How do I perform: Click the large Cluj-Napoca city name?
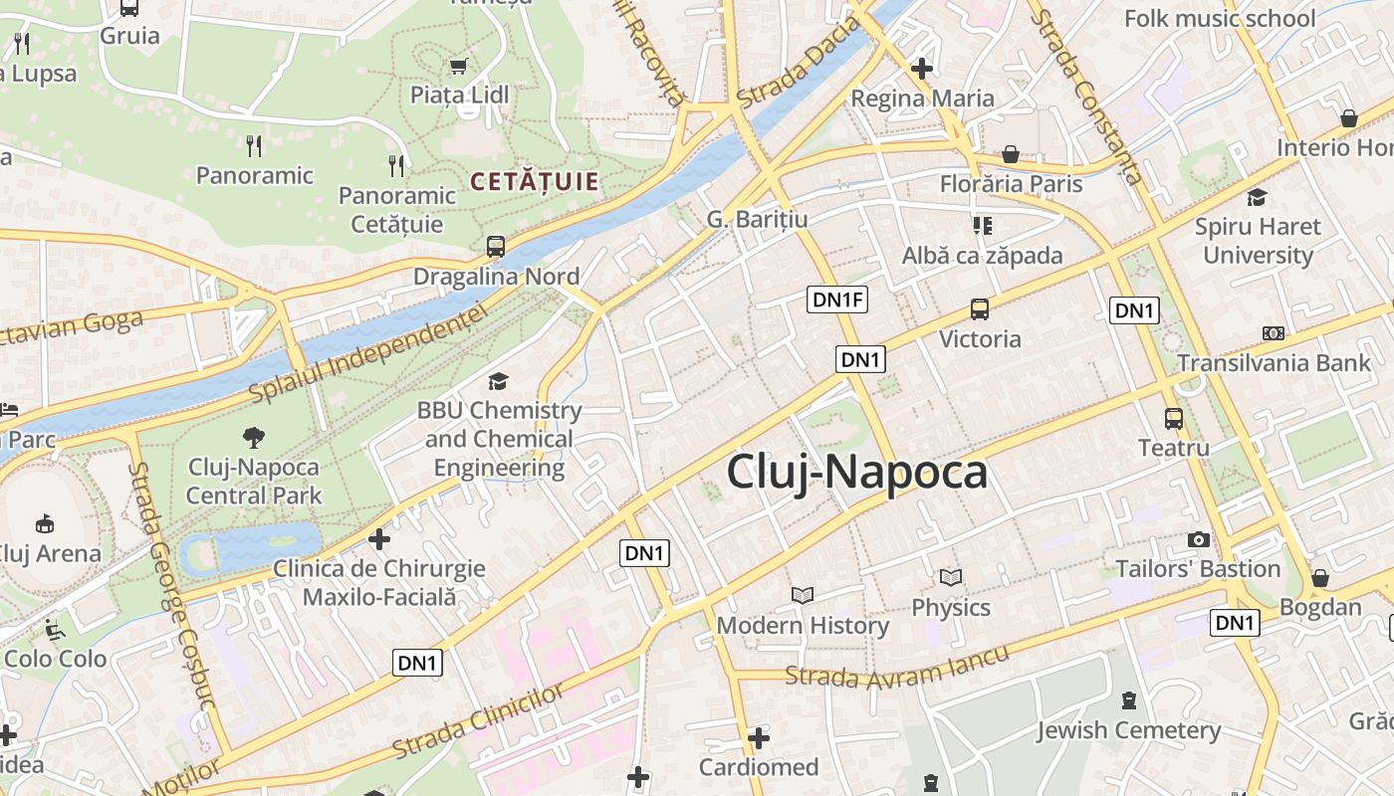[x=856, y=472]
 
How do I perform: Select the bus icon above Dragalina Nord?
[x=496, y=247]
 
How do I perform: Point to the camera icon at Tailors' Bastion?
[x=1199, y=539]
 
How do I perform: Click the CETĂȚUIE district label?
[x=535, y=181]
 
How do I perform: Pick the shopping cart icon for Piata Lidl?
[x=459, y=67]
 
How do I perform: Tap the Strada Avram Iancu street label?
[x=896, y=666]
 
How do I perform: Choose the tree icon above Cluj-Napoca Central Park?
[x=254, y=437]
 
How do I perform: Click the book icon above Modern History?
[x=803, y=595]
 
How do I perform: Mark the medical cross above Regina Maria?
[x=922, y=69]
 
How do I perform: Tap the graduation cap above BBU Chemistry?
[x=498, y=381]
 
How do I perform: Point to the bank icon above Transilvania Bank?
[x=1274, y=333]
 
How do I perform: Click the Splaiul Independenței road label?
[x=368, y=354]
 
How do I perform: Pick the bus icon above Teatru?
[x=1174, y=419]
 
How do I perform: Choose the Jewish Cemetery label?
[x=1128, y=731]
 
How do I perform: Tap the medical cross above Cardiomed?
[x=759, y=738]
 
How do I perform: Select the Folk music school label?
[x=1220, y=18]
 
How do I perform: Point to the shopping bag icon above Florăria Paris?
[x=1011, y=154]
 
